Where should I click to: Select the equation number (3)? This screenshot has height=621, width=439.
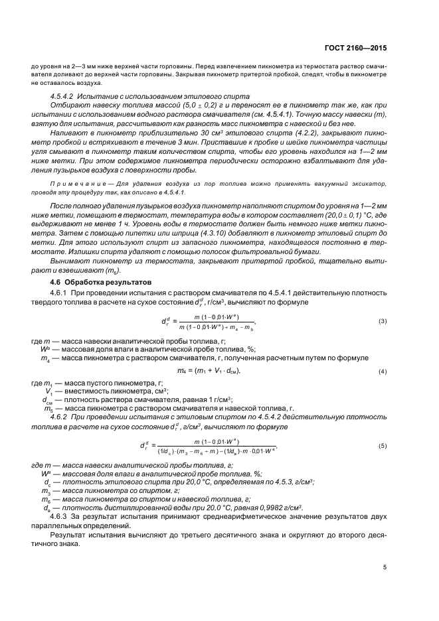tap(383, 321)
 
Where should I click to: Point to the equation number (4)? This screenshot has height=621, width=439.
tap(383, 371)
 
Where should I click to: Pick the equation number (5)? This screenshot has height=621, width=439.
tap(383, 445)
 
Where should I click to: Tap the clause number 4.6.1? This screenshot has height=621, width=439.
tap(59, 293)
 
